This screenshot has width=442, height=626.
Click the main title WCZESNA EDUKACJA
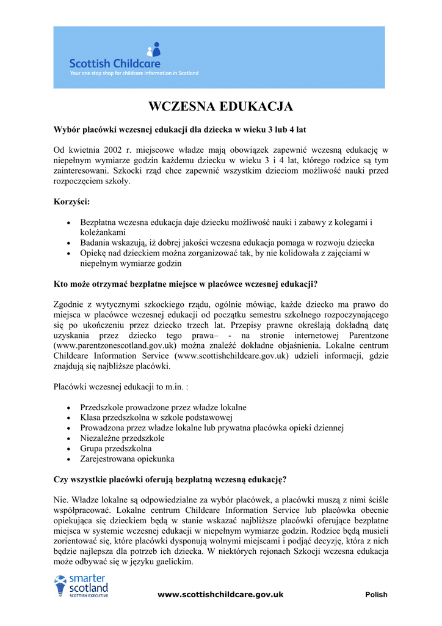point(221,107)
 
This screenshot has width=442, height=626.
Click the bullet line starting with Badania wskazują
point(227,243)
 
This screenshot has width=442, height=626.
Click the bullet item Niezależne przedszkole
point(122,438)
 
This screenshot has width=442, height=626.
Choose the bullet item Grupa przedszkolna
point(116,448)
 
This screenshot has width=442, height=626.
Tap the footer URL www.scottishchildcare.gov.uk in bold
point(220,594)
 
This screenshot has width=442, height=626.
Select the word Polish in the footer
point(376,595)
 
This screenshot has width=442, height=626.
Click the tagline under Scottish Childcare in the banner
point(134,73)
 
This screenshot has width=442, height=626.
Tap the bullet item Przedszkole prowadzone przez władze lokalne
point(163,407)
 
